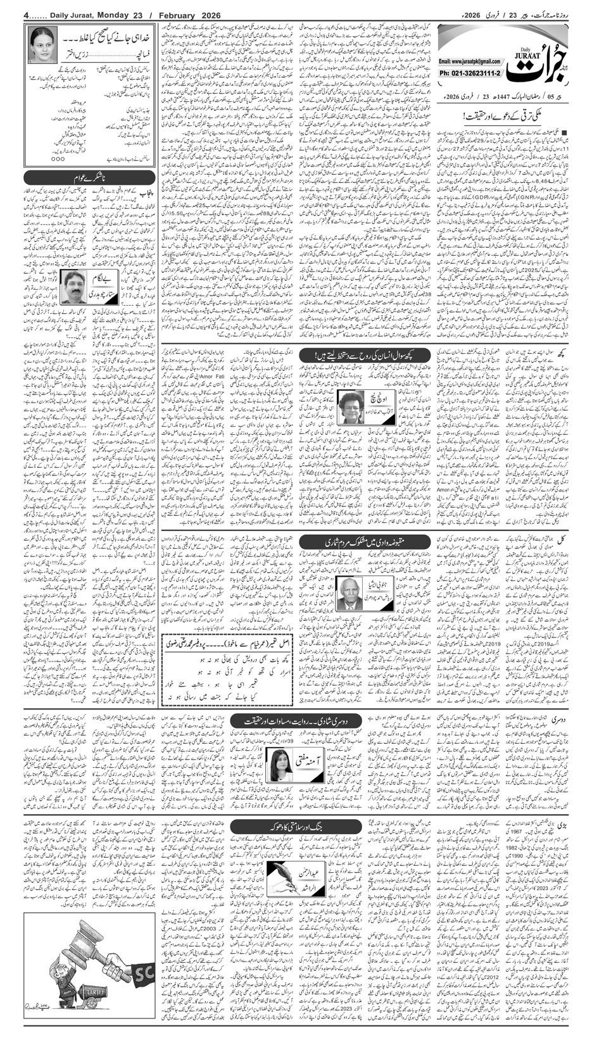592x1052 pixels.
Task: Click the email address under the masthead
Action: click(x=469, y=62)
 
